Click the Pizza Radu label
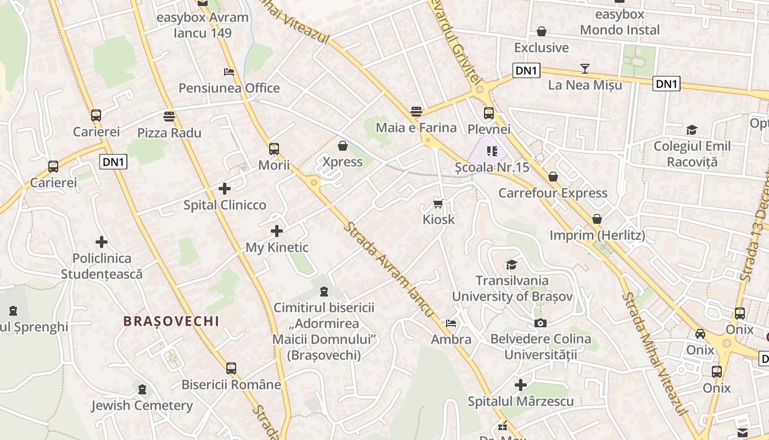click(169, 133)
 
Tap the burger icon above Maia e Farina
click(416, 112)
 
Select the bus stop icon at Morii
click(274, 148)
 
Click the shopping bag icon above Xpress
click(343, 146)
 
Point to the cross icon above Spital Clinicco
click(225, 189)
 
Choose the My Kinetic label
click(277, 248)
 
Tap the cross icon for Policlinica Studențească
click(102, 241)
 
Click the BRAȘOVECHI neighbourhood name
click(171, 321)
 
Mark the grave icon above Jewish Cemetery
click(142, 389)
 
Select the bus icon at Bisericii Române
click(231, 369)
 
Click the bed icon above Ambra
click(451, 323)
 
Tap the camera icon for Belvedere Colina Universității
click(540, 323)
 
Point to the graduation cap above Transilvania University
click(512, 265)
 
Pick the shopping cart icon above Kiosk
click(438, 204)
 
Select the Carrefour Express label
click(553, 193)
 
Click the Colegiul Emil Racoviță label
click(692, 154)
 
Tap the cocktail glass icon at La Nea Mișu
click(585, 69)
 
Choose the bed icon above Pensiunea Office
click(229, 72)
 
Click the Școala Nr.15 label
click(492, 167)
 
